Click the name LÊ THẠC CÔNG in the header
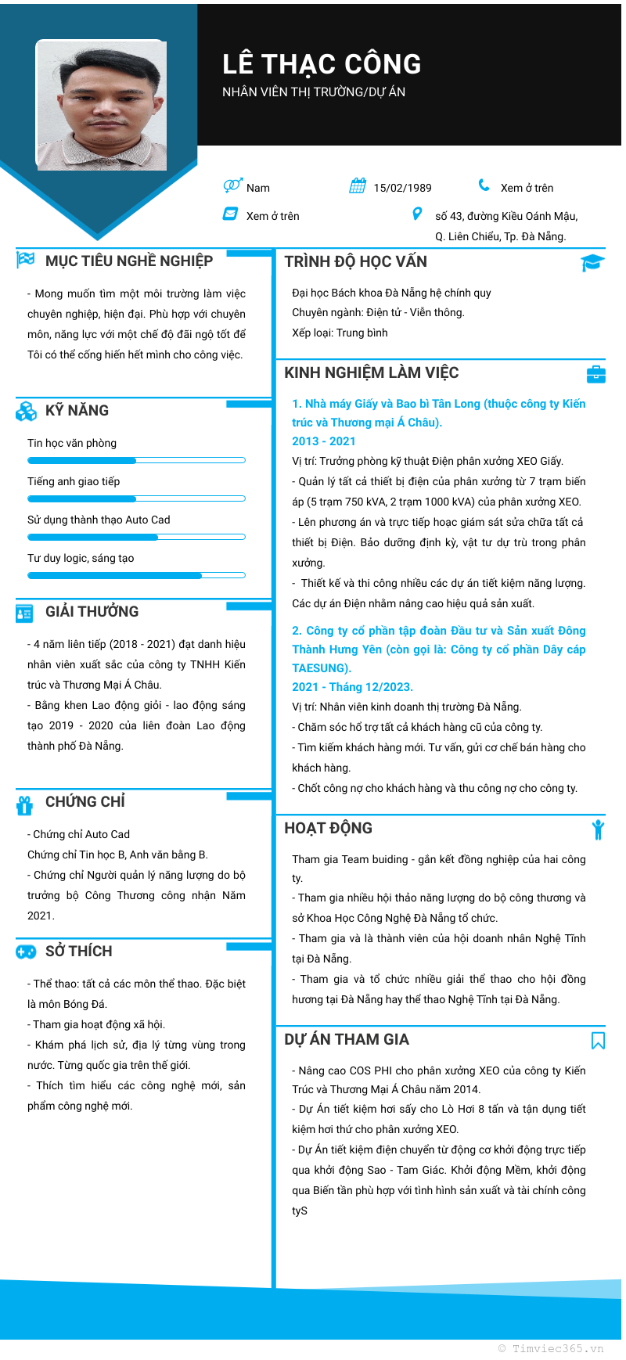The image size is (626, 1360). [x=322, y=64]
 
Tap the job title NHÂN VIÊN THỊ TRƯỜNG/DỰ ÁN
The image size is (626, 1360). [x=314, y=92]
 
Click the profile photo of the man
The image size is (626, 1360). [x=102, y=106]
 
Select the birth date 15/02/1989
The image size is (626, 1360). [x=402, y=188]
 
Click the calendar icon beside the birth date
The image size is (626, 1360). [x=358, y=186]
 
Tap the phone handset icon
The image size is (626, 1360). [x=484, y=186]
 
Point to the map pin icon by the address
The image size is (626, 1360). [x=417, y=214]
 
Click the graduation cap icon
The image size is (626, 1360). [x=592, y=263]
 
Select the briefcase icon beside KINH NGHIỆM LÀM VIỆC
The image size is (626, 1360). [x=595, y=374]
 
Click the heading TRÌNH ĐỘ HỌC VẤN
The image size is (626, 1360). [x=355, y=262]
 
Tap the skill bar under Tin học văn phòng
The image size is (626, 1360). [x=136, y=460]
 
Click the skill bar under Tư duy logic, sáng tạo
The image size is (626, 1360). [x=136, y=575]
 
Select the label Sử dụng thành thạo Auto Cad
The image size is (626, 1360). [x=99, y=520]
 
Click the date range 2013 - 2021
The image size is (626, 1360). [x=324, y=441]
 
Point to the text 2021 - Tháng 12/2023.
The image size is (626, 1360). [x=352, y=687]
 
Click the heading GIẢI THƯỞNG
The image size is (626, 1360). [x=92, y=612]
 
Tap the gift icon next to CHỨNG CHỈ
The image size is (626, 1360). [x=25, y=804]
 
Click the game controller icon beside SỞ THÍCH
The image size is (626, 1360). [x=26, y=952]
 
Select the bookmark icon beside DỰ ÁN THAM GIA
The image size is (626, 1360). [x=598, y=1040]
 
